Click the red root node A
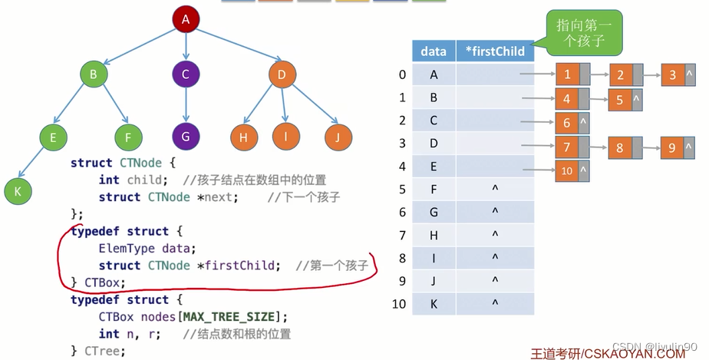(185, 19)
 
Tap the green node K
(16, 190)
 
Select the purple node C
(185, 74)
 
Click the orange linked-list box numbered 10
(566, 171)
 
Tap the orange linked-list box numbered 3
(672, 75)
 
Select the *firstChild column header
(495, 51)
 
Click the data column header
(434, 51)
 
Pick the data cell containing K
(434, 303)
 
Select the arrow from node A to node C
(185, 46)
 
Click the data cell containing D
(434, 144)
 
